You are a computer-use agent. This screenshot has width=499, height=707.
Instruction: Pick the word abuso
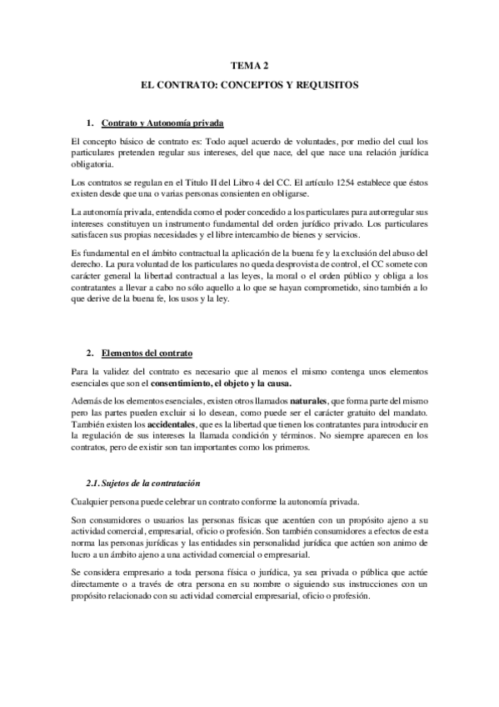401,254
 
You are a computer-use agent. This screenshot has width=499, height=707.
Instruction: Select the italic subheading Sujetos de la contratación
150,484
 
